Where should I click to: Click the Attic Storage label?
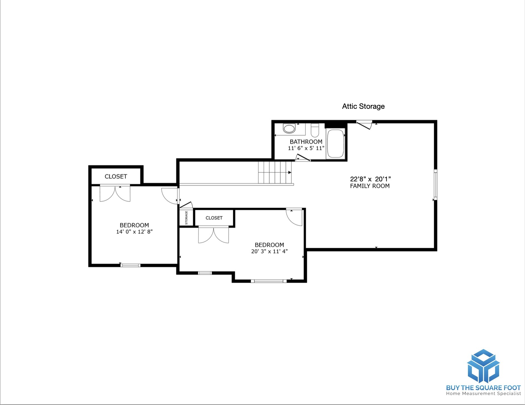point(363,106)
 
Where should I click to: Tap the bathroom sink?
point(289,129)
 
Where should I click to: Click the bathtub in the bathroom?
point(336,144)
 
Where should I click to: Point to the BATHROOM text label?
point(306,142)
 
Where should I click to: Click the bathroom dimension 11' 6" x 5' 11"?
point(306,148)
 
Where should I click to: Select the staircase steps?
point(275,172)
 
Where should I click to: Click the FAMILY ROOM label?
point(370,186)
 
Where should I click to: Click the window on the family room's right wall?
point(436,184)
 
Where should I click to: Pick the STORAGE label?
point(186,218)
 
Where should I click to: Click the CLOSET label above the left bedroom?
point(116,176)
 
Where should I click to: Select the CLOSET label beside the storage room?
point(214,218)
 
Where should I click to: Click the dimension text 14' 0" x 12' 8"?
point(134,232)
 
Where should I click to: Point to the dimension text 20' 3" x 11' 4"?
point(269,251)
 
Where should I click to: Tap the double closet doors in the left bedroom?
point(115,193)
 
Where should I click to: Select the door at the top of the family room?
point(364,125)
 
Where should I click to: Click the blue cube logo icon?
point(483,366)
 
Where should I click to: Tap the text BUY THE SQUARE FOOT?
point(483,388)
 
